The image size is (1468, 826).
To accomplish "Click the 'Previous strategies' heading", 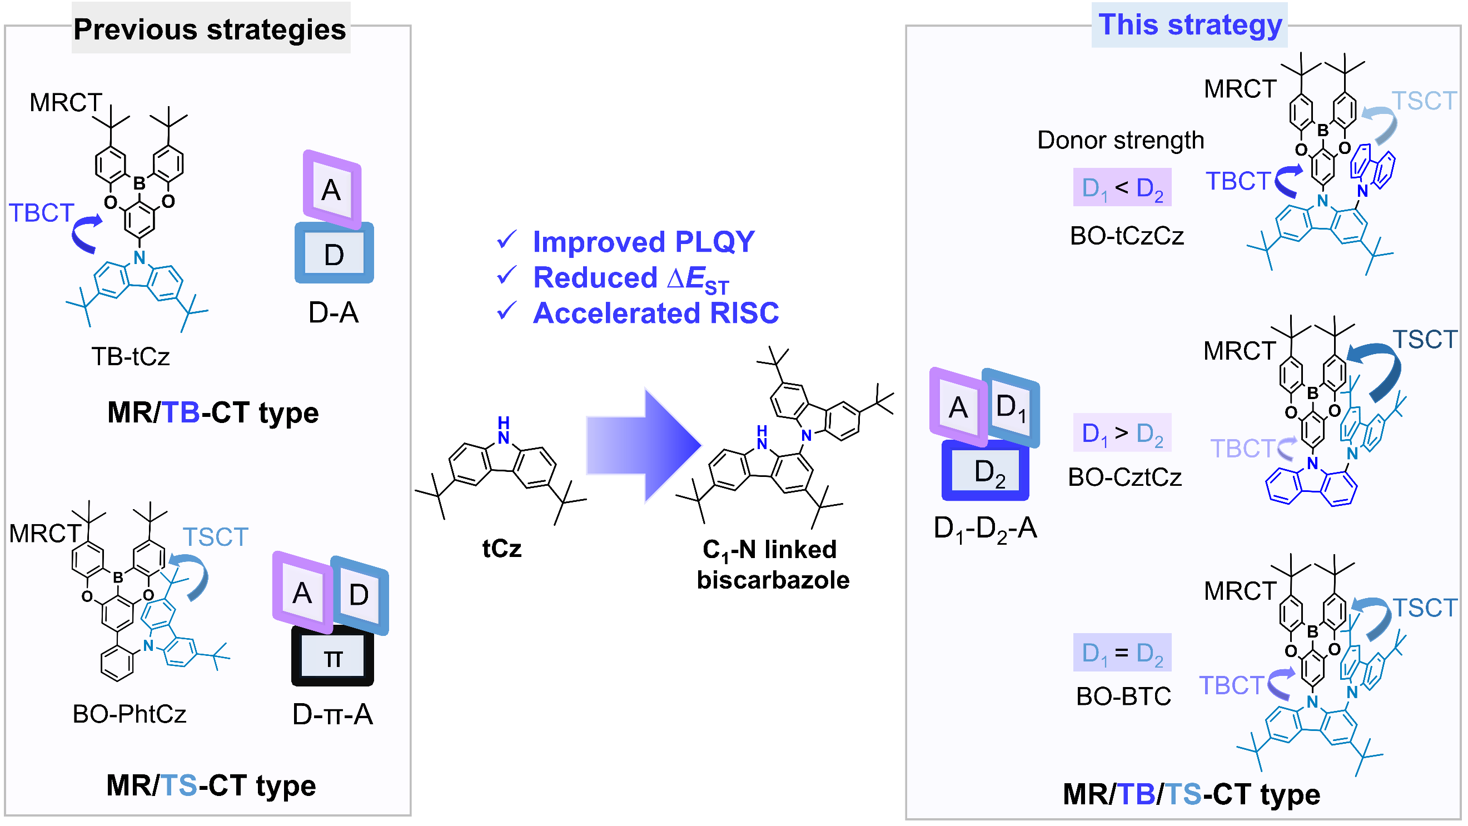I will [x=210, y=29].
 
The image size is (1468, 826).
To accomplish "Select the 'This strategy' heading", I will [x=1190, y=25].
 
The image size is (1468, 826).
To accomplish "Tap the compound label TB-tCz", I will [x=131, y=357].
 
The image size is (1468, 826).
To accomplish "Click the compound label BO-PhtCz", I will [x=130, y=714].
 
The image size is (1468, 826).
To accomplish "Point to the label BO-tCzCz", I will [x=1127, y=236].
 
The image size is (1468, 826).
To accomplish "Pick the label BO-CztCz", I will [x=1124, y=477].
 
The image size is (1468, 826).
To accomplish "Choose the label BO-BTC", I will [x=1123, y=696].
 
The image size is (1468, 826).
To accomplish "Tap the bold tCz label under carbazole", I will [x=501, y=549].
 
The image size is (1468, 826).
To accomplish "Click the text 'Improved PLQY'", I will [x=643, y=242].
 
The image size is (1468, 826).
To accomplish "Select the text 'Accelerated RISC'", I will [x=655, y=313].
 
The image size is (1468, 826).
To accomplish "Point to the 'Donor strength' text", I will [x=1121, y=140].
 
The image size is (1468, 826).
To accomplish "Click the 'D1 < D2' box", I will [x=1122, y=187].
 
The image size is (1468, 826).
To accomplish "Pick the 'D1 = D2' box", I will [x=1122, y=653].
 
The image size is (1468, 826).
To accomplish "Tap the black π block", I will [x=333, y=656].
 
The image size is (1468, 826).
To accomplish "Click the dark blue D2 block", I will [x=986, y=471].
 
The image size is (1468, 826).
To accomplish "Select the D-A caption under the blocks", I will [x=334, y=312].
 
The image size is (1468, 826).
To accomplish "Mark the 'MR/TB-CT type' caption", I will [x=212, y=412].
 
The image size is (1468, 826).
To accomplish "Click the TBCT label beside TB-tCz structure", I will [x=41, y=213].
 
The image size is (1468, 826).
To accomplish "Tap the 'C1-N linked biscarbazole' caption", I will [x=773, y=565].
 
